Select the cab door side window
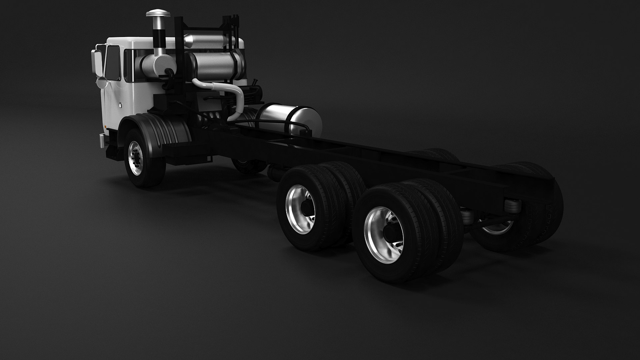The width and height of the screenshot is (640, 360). pyautogui.click(x=113, y=63)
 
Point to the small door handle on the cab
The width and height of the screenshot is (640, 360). pyautogui.click(x=120, y=105)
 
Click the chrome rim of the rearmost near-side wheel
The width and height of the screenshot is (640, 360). pyautogui.click(x=383, y=230)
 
